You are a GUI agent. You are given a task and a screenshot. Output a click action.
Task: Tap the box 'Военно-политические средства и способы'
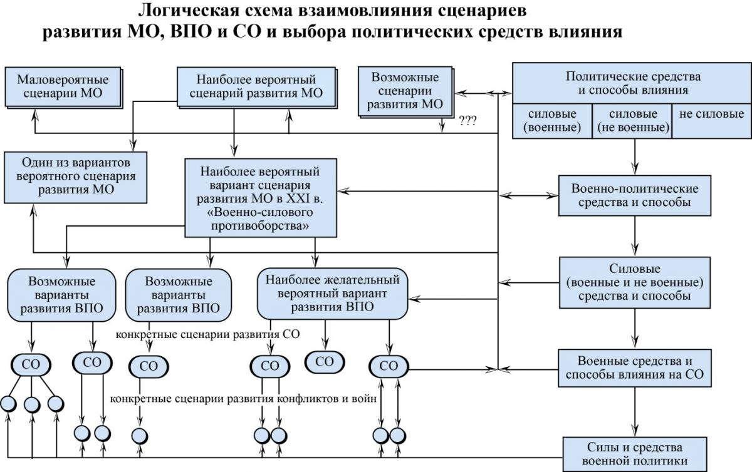pos(634,195)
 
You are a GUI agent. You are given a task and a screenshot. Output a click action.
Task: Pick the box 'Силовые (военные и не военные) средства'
pos(634,282)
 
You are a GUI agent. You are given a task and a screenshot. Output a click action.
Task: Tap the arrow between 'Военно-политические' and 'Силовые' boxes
pos(634,236)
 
